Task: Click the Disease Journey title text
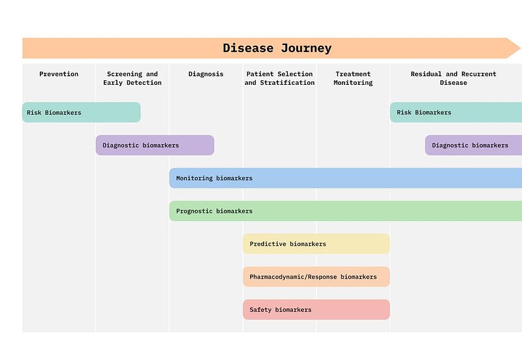click(277, 48)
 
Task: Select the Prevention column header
click(59, 74)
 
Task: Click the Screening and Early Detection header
click(132, 78)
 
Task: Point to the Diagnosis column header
click(206, 74)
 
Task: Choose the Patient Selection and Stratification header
click(279, 78)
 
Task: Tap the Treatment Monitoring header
click(353, 78)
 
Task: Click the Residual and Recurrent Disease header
click(453, 78)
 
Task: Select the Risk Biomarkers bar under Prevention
click(82, 112)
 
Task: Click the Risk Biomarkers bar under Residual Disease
click(456, 112)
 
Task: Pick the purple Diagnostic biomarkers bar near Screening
click(155, 145)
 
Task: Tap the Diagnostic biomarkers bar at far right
click(473, 145)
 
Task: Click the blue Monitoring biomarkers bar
click(346, 178)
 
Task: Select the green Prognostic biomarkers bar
click(346, 211)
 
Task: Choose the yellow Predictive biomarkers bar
click(316, 244)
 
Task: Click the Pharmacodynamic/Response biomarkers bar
click(316, 277)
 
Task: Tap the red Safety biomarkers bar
click(316, 310)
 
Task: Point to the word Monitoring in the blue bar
click(194, 178)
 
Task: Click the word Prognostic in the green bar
click(194, 211)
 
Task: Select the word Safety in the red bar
click(261, 310)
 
